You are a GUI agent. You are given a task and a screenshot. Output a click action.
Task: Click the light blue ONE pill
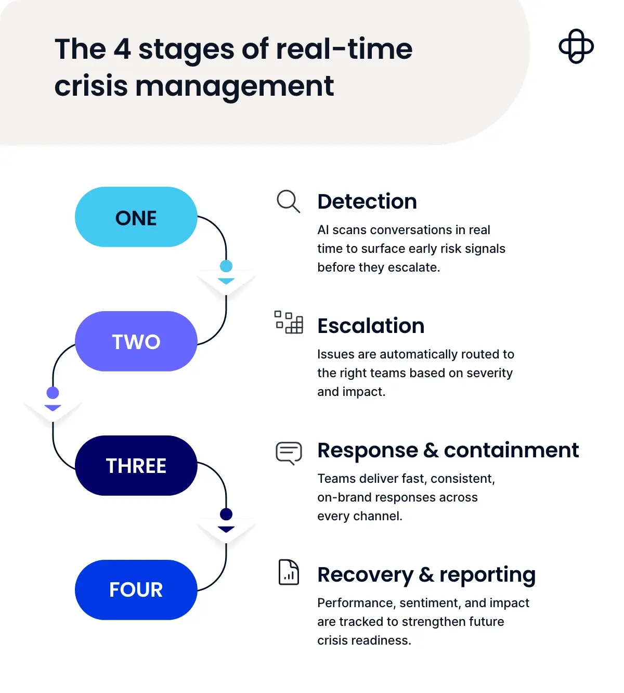136,217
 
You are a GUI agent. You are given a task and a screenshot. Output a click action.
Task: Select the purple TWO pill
136,341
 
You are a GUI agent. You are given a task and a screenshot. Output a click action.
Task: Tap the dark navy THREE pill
136,466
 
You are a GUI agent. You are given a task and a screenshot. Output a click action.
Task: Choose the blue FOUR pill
136,589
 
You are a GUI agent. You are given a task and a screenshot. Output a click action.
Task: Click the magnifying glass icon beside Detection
288,201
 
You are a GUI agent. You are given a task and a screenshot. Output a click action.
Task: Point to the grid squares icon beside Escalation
289,322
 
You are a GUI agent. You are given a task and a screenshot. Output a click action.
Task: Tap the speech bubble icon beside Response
289,453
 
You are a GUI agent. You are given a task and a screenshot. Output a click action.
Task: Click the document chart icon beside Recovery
289,572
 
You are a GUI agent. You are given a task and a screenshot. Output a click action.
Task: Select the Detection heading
367,202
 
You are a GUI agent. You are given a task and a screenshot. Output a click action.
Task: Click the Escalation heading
371,326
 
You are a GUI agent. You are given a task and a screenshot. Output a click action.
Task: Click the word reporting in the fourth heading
487,575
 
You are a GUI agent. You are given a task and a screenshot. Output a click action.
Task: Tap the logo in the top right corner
576,46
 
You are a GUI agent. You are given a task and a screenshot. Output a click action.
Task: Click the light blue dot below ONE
226,266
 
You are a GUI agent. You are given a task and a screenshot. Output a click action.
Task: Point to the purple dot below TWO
53,393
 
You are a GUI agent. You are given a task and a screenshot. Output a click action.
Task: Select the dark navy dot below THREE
226,515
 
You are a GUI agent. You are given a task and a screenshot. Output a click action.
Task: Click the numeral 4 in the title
122,49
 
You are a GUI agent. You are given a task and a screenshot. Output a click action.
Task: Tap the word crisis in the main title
91,86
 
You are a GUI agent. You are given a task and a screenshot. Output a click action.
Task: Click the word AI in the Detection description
323,230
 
